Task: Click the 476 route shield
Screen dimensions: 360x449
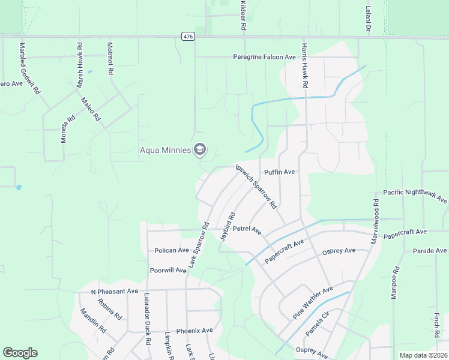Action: tap(188, 37)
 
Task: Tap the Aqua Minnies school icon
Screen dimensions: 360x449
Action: tap(200, 150)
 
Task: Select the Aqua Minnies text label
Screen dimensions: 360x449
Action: tap(165, 150)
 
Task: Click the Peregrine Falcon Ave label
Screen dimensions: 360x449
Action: tap(265, 57)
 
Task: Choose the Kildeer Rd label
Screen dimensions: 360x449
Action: tap(243, 16)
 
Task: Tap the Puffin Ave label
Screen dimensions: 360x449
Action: tap(280, 172)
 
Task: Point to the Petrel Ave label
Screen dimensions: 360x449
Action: tap(247, 230)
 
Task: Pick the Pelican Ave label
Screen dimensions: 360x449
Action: tap(172, 250)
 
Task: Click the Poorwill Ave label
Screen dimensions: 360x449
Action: tap(168, 270)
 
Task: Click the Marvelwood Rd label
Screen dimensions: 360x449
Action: tap(376, 218)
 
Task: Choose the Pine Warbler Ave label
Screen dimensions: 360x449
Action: tap(313, 303)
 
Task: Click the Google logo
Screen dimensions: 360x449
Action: tap(20, 353)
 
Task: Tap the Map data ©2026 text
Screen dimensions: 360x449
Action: tap(423, 355)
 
